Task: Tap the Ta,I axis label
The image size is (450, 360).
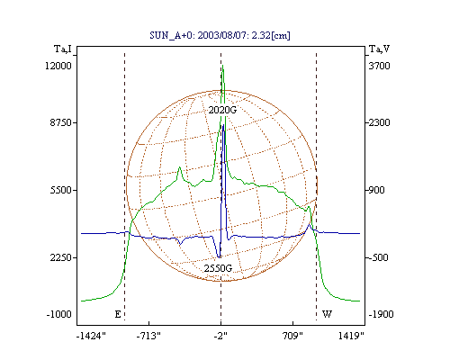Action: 63,49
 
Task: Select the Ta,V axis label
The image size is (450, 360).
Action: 379,49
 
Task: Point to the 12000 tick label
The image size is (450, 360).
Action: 58,66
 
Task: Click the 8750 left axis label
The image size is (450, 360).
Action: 60,122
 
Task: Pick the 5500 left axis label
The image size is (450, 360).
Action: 60,190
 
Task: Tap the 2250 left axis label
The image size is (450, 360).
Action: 60,257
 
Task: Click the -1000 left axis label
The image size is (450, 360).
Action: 59,314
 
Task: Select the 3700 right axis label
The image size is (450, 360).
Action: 379,66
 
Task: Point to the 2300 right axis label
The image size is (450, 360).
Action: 379,122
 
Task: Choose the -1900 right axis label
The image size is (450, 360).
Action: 381,314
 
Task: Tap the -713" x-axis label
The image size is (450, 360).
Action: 148,336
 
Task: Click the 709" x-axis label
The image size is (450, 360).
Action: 292,336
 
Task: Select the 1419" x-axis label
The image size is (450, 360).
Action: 351,336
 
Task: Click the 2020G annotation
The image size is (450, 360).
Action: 222,110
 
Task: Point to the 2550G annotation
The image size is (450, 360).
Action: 218,268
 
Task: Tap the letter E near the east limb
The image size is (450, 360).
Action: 118,314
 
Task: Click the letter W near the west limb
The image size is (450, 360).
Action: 327,314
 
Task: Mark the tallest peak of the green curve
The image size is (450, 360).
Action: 222,66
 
